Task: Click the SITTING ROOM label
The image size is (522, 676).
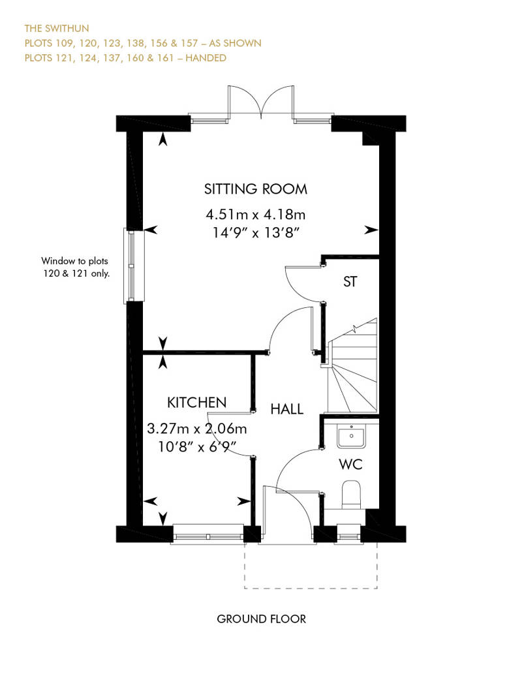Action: click(x=256, y=189)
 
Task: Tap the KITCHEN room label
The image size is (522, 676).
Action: click(x=196, y=402)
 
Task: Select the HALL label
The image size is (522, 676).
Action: click(x=287, y=409)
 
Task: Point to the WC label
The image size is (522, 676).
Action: click(x=350, y=465)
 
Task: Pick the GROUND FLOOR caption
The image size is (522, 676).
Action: click(x=261, y=619)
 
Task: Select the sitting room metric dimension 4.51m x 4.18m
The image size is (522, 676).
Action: click(x=256, y=213)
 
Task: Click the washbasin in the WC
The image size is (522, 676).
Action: click(x=352, y=435)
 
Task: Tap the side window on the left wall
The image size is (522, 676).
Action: click(x=132, y=266)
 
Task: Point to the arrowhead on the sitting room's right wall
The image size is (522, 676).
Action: click(x=372, y=230)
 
